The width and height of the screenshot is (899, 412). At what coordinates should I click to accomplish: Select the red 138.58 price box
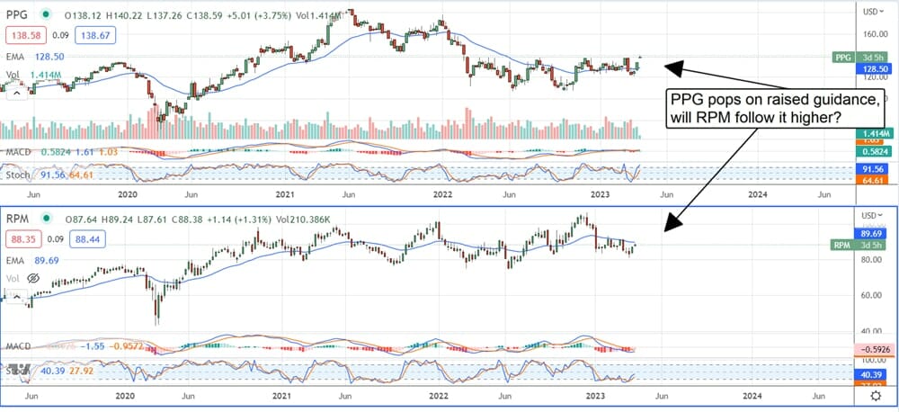(x=27, y=33)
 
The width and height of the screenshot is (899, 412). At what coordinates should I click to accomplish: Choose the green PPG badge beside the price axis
(x=842, y=57)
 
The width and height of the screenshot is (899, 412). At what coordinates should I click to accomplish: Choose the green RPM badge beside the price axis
(x=842, y=245)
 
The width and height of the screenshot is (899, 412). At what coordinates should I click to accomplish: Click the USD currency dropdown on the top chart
(x=869, y=12)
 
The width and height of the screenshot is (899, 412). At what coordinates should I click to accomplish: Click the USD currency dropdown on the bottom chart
(x=869, y=215)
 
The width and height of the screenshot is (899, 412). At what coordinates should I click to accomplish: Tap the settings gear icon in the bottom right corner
(x=875, y=396)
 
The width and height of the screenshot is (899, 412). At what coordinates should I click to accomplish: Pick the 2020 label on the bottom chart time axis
(x=126, y=396)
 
